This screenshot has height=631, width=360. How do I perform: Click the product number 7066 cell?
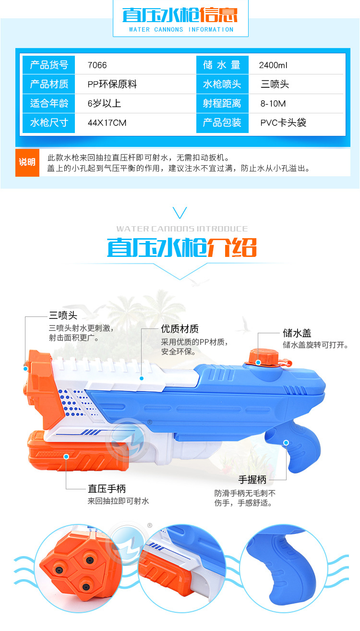[x=97, y=65]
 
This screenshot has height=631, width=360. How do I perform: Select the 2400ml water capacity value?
[x=273, y=65]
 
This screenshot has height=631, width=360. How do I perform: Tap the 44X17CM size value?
[x=107, y=123]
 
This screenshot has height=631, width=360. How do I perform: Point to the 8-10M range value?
[x=273, y=104]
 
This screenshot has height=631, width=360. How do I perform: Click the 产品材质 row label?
[x=49, y=85]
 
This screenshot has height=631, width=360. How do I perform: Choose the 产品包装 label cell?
[x=222, y=123]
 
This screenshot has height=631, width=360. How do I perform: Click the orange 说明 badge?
[x=27, y=162]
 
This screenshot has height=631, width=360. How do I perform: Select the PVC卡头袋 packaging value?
[x=283, y=123]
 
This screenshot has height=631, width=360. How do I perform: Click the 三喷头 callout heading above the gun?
[x=63, y=315]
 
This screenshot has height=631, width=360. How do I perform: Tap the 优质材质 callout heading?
[x=180, y=329]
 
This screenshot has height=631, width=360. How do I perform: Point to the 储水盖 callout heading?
[x=297, y=333]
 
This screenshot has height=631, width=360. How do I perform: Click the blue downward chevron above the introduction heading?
[x=180, y=213]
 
